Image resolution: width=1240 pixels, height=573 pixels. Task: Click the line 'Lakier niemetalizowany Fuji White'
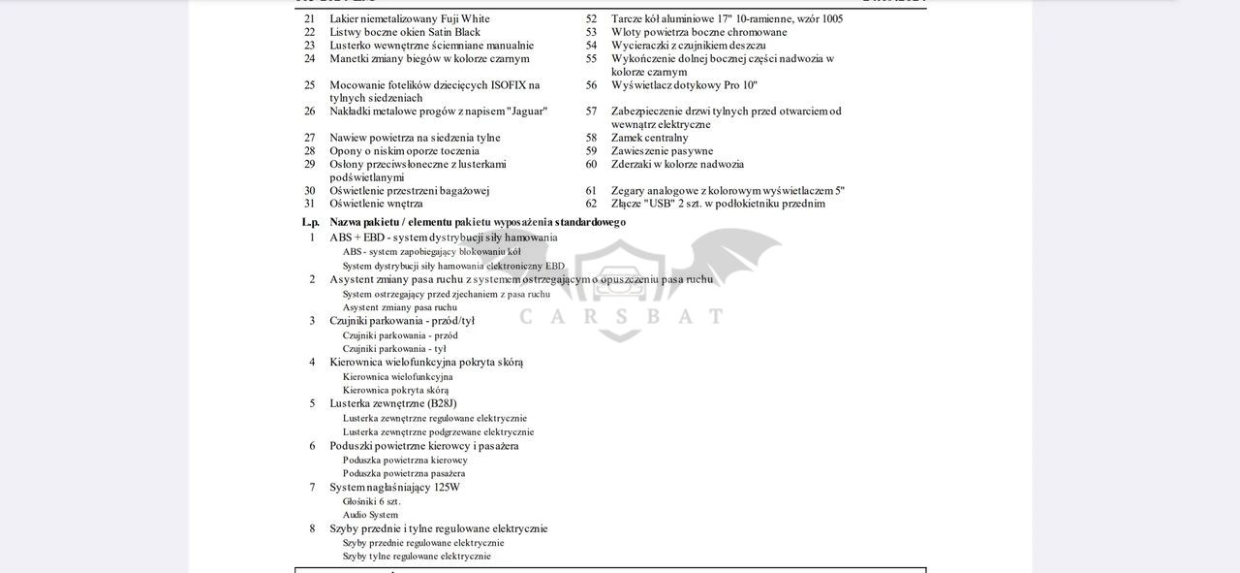pyautogui.click(x=409, y=18)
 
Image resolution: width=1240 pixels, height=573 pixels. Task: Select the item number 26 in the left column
pyautogui.click(x=309, y=111)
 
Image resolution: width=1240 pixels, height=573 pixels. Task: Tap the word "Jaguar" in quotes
pyautogui.click(x=527, y=111)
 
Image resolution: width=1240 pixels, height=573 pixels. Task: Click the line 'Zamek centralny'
pyautogui.click(x=649, y=138)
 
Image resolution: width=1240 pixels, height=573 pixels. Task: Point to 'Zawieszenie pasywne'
pyautogui.click(x=662, y=151)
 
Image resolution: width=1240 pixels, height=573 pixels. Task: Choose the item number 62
pyautogui.click(x=591, y=204)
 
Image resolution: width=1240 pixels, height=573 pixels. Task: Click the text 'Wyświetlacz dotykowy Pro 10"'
pyautogui.click(x=684, y=85)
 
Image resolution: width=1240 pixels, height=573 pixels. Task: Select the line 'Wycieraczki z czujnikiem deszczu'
pyautogui.click(x=688, y=46)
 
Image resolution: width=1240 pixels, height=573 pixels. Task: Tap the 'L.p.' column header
pyautogui.click(x=311, y=222)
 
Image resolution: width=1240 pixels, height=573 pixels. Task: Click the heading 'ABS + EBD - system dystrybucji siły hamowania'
pyautogui.click(x=443, y=238)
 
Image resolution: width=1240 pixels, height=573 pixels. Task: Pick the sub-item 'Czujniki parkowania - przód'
pyautogui.click(x=400, y=335)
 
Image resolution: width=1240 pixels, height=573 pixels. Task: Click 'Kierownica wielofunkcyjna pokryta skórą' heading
pyautogui.click(x=426, y=363)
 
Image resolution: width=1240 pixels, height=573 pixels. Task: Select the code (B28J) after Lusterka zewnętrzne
pyautogui.click(x=442, y=403)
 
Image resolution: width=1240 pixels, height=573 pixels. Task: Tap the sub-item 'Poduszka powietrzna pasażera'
pyautogui.click(x=404, y=474)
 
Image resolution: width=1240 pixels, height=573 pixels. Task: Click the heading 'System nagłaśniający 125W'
pyautogui.click(x=394, y=488)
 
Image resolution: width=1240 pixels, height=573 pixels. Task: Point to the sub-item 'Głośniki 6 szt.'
pyautogui.click(x=371, y=501)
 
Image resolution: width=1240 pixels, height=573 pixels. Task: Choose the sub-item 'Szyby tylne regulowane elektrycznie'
pyautogui.click(x=417, y=557)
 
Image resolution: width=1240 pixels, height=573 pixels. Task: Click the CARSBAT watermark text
pyautogui.click(x=621, y=316)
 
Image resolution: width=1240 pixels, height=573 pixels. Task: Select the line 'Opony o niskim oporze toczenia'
pyautogui.click(x=404, y=151)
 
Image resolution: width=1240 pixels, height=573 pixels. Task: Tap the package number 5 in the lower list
pyautogui.click(x=312, y=403)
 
